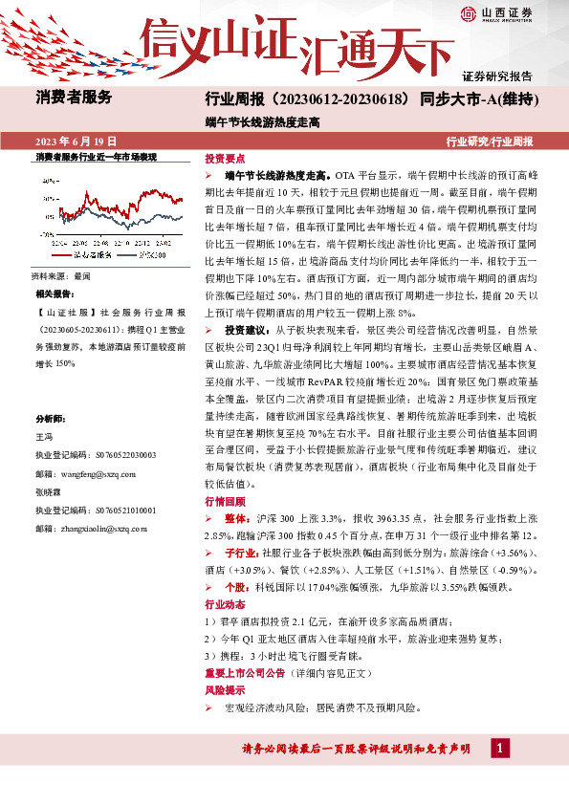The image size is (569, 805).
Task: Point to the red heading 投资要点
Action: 226,160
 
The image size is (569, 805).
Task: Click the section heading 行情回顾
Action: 226,501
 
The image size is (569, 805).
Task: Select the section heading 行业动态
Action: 226,605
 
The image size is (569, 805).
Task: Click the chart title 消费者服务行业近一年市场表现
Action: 96,156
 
